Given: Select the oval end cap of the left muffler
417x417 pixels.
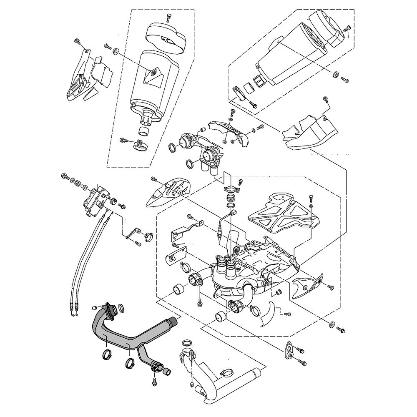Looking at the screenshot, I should tap(166, 37).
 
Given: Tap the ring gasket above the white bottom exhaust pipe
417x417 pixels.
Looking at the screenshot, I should tap(188, 342).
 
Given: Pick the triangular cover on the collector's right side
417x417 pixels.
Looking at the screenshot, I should tap(306, 286).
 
